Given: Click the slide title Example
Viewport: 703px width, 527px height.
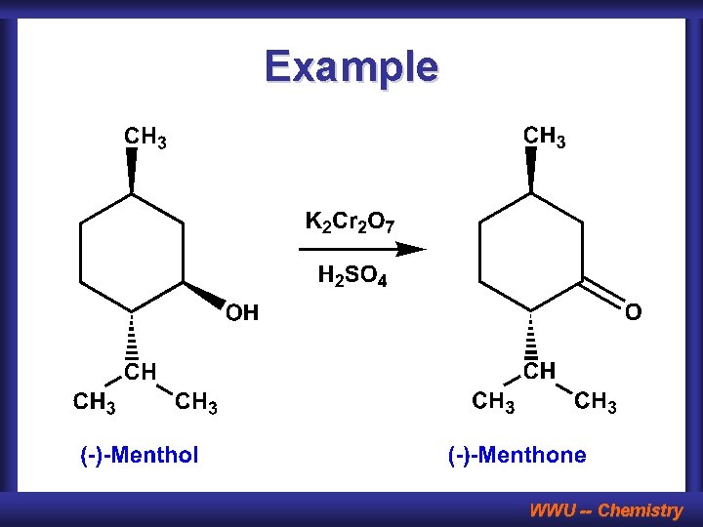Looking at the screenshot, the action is pyautogui.click(x=351, y=66).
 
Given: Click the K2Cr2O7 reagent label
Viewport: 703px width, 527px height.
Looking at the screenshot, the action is pyautogui.click(x=351, y=223).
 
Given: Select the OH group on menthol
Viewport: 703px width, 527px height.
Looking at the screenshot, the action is pyautogui.click(x=242, y=313).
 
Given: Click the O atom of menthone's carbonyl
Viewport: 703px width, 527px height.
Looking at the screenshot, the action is pyautogui.click(x=634, y=312).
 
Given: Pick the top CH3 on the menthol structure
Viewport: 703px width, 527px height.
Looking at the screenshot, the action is pyautogui.click(x=145, y=138).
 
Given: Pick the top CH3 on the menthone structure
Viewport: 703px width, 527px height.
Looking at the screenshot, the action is pyautogui.click(x=545, y=137).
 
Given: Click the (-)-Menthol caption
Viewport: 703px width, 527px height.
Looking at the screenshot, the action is pyautogui.click(x=139, y=455).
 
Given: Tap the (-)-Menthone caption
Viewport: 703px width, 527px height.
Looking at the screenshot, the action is pyautogui.click(x=517, y=455).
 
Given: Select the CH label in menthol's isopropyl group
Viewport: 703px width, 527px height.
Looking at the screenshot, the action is pyautogui.click(x=140, y=372).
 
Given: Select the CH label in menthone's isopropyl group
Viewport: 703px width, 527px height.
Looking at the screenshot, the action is pyautogui.click(x=539, y=371).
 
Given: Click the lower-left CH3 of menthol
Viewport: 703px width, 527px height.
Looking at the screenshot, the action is pyautogui.click(x=95, y=402).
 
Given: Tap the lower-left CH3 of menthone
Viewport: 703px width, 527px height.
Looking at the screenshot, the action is pyautogui.click(x=494, y=401).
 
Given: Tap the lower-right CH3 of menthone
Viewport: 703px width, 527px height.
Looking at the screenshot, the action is pyautogui.click(x=596, y=401).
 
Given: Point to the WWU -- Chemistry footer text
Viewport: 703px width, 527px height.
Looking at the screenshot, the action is pyautogui.click(x=605, y=509).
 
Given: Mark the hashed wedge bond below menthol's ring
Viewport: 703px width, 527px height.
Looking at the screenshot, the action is pyautogui.click(x=132, y=337).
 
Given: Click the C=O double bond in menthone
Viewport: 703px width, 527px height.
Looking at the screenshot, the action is pyautogui.click(x=604, y=294).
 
